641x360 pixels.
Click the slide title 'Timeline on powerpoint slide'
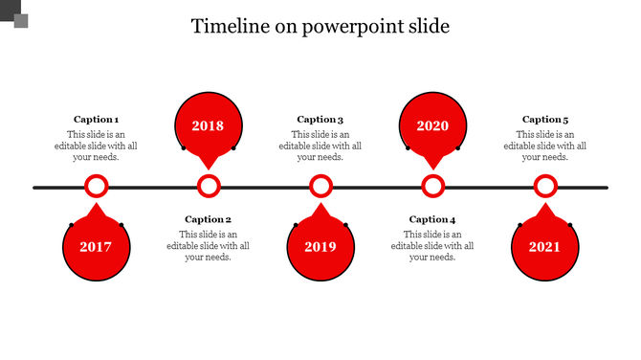320,26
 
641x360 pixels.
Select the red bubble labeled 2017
96,247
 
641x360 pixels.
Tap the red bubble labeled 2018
208,125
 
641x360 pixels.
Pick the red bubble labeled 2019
320,247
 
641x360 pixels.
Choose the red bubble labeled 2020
432,125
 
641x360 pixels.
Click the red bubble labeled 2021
544,247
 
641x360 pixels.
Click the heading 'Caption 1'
96,120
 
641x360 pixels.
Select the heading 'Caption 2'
208,219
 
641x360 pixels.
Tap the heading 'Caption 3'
320,120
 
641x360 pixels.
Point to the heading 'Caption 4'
432,219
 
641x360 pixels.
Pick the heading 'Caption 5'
545,120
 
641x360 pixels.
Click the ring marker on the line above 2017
96,187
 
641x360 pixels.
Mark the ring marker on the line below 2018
209,187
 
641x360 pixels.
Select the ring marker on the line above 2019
320,187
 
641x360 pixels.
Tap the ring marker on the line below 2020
433,187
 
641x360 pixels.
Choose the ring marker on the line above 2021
545,187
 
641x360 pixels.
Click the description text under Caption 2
208,245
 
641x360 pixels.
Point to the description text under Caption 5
545,146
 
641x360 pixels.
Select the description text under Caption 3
320,146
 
